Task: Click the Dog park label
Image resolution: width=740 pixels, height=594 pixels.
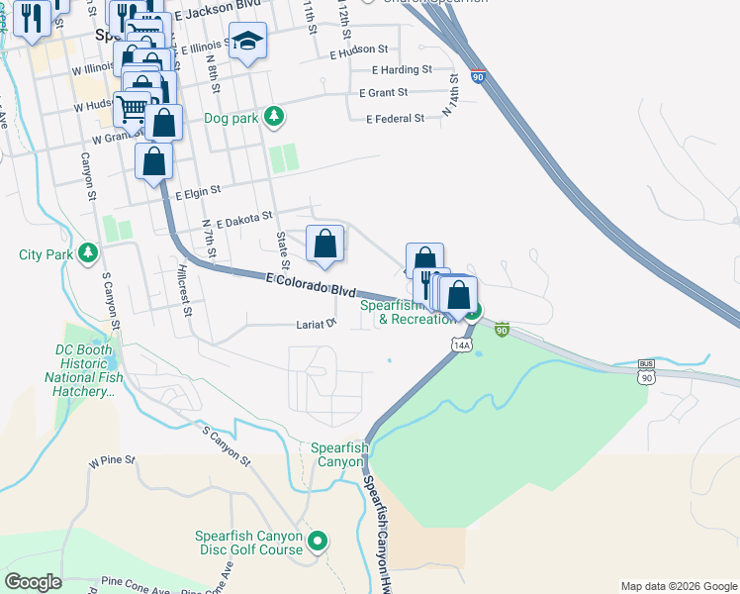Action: click(231, 118)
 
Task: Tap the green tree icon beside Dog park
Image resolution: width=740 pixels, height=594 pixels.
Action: click(275, 118)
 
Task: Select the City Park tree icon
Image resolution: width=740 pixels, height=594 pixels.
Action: click(89, 254)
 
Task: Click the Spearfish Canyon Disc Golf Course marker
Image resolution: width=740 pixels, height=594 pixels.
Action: click(318, 542)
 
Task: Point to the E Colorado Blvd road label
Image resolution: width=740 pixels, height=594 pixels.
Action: click(310, 286)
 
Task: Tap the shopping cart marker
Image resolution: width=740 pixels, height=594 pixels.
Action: click(132, 107)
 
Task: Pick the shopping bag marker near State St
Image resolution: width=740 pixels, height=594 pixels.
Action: click(325, 244)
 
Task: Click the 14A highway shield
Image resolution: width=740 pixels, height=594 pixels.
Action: click(461, 344)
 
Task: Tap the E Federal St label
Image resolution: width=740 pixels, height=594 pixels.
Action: click(394, 118)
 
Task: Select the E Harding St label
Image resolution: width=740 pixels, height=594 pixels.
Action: click(402, 69)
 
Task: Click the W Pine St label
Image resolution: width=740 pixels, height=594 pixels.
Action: click(111, 461)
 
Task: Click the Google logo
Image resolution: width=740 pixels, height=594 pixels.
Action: click(33, 582)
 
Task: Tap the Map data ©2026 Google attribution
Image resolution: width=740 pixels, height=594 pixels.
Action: click(678, 586)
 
